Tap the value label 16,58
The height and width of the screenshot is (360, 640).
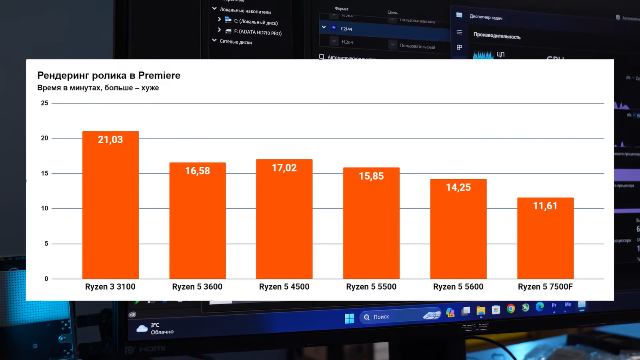coord(197,171)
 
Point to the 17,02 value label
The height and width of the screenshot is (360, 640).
coord(284,168)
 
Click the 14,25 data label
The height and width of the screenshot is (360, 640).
coord(458,187)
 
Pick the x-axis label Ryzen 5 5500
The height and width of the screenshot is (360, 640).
coord(371,287)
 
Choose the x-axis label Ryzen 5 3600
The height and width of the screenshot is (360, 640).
coord(197,287)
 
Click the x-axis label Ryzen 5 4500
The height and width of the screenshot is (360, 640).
coord(284,287)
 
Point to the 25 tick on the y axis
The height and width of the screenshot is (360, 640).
coord(44,103)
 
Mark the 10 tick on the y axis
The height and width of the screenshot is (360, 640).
coord(44,208)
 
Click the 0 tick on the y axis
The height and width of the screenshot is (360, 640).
coord(46,279)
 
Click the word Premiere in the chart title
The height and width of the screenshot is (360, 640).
coord(159,75)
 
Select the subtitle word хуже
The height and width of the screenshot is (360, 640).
coord(150,88)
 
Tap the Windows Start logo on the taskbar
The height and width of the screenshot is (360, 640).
coord(349,318)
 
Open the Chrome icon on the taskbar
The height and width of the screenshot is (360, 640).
coord(511,308)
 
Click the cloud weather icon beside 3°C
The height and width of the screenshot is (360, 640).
coord(142,329)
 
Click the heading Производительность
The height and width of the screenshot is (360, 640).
coord(497,36)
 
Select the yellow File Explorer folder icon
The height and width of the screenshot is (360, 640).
coord(481,311)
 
